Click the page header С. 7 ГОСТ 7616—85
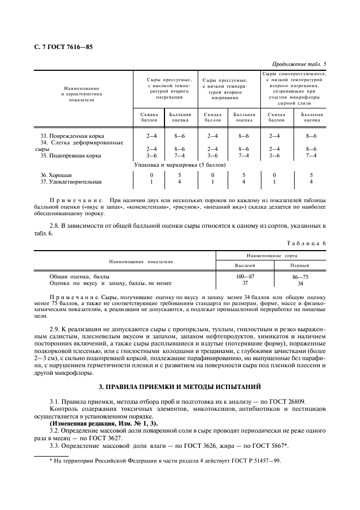63,47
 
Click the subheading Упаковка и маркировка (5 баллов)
180,165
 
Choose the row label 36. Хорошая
53,175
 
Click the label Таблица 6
308,243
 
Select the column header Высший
245,265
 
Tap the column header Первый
300,265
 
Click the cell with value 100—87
245,277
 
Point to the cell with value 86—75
300,277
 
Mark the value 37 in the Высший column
245,283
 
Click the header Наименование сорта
272,255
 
